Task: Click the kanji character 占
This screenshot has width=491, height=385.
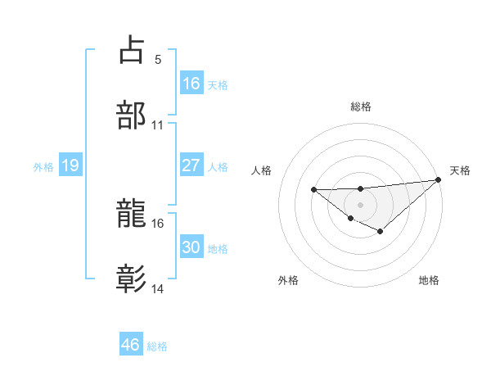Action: pos(132,50)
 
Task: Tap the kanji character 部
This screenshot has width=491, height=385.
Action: pos(132,115)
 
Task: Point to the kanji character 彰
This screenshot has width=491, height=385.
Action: pos(132,279)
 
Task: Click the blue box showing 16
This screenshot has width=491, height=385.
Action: pos(191,83)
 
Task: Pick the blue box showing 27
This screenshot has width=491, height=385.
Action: pos(191,165)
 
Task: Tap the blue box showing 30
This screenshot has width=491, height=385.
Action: pos(191,247)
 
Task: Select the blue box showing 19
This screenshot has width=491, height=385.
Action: pos(70,165)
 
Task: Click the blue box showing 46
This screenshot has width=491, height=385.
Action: pos(131,345)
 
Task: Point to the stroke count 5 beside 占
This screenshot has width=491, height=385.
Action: pos(158,60)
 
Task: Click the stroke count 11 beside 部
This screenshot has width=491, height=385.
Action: pos(158,125)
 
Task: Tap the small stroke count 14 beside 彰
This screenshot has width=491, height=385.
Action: pos(158,289)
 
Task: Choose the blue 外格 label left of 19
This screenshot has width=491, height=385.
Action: pos(43,166)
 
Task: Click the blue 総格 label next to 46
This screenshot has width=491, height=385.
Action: pos(157,346)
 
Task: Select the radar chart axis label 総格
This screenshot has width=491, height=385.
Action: pos(361,106)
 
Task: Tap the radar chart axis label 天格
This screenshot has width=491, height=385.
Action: pos(461,170)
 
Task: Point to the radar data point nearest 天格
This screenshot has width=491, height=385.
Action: pos(438,180)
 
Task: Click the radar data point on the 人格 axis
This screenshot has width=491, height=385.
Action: pos(314,189)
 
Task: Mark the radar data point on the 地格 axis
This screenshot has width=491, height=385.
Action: pos(380,232)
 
